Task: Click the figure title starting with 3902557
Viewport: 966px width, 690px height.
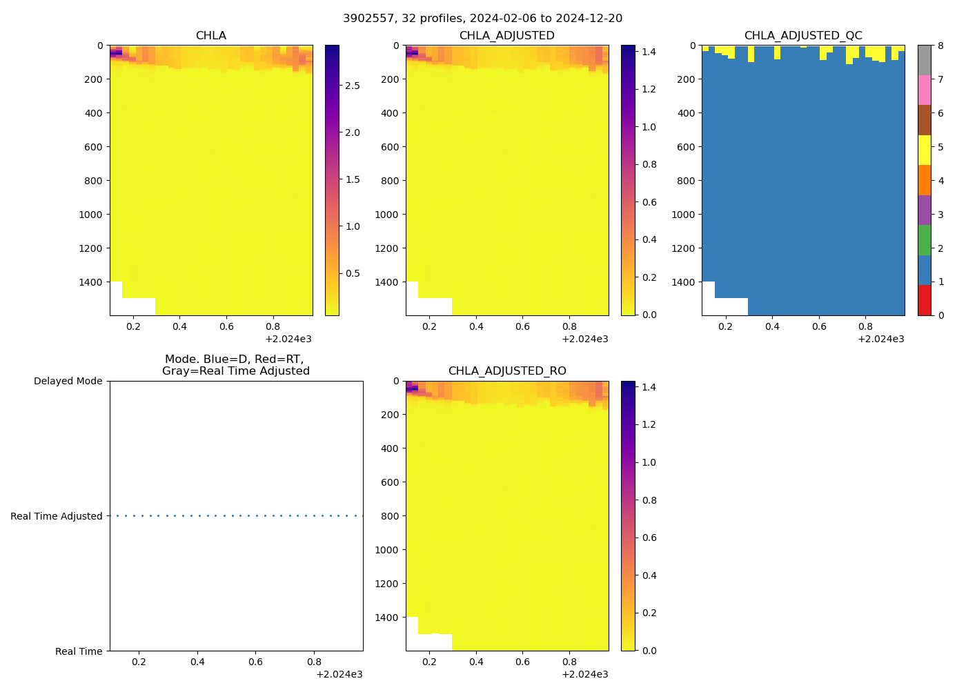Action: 482,18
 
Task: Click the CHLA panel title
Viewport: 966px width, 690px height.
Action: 210,35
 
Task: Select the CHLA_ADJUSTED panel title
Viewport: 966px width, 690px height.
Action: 506,35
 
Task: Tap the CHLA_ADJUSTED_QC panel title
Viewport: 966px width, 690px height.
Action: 802,35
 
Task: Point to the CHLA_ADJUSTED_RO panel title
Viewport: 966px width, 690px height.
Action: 506,371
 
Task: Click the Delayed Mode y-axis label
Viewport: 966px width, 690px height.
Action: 68,381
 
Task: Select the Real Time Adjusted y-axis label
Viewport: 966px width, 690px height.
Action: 56,516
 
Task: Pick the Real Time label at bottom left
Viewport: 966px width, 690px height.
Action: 79,651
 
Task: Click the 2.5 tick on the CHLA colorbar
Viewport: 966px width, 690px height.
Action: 352,86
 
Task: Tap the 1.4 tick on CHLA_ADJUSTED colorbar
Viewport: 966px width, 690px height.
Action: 649,52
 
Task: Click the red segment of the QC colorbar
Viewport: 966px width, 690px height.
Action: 924,300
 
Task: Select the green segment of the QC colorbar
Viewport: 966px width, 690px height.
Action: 924,240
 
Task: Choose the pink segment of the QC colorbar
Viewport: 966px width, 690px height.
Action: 924,90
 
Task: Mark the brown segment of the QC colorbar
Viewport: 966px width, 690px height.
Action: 924,120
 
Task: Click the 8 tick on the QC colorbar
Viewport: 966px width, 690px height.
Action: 940,46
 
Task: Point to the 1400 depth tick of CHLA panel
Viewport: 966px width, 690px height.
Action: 90,282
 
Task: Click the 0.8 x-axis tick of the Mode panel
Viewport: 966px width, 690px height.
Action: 314,662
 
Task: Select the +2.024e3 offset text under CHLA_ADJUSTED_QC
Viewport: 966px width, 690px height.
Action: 880,339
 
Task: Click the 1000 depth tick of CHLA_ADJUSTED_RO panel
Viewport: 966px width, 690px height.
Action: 386,550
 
